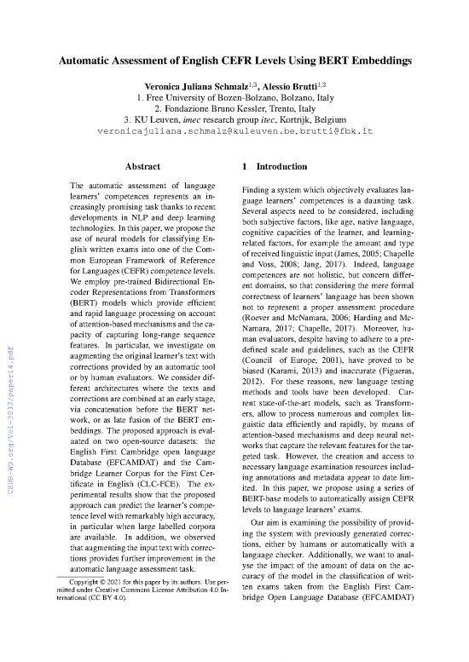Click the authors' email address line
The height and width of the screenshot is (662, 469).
[x=234, y=136]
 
